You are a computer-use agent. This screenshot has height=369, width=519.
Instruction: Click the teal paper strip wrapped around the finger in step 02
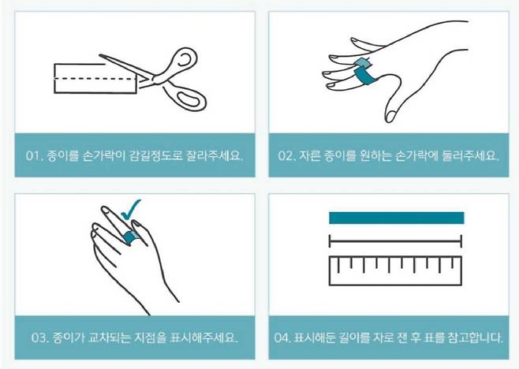[364, 73]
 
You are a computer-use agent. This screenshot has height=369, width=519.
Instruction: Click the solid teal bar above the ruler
[395, 218]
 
